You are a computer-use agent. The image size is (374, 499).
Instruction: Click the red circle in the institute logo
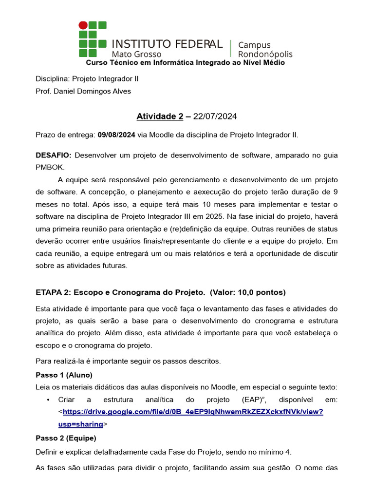click(83, 25)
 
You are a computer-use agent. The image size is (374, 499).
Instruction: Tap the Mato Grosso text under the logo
click(136, 54)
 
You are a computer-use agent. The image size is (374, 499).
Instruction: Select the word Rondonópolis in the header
click(265, 54)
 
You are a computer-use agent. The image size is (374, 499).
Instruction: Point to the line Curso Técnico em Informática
click(185, 62)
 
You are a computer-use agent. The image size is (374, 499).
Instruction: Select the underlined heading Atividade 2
click(160, 116)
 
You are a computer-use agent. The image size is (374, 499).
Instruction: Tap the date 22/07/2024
click(215, 116)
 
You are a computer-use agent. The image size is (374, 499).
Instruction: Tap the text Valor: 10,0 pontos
click(248, 292)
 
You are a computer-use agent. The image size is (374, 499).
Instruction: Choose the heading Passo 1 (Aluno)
click(64, 375)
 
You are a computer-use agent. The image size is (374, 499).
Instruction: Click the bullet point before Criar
click(48, 400)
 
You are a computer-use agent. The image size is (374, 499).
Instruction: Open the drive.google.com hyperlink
click(192, 412)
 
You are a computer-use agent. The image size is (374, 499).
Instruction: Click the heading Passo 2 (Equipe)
click(66, 438)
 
